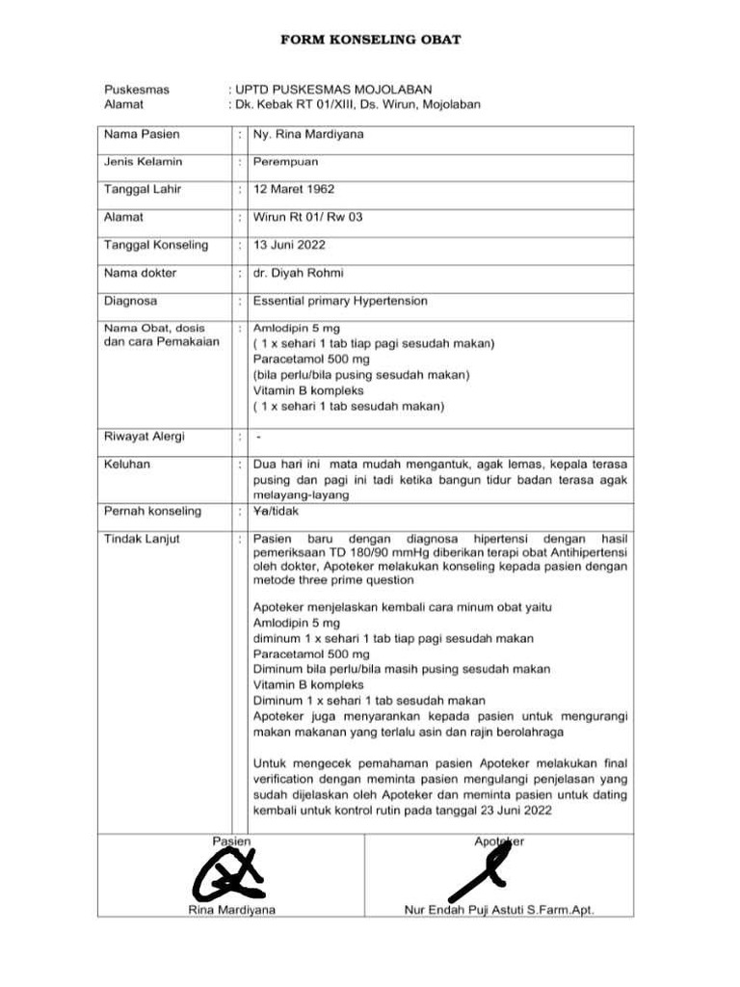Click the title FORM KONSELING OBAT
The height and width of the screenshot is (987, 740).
370,40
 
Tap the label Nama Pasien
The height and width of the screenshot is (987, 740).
142,134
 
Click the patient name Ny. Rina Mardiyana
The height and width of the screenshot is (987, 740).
308,134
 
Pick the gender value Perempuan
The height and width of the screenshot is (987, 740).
285,162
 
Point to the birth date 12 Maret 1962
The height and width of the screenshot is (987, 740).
294,190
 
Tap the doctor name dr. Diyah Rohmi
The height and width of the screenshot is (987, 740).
299,273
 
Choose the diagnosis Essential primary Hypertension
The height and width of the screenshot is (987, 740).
340,301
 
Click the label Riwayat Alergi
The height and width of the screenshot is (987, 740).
145,437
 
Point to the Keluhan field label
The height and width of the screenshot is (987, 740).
127,465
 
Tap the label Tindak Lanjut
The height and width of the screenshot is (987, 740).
142,539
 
